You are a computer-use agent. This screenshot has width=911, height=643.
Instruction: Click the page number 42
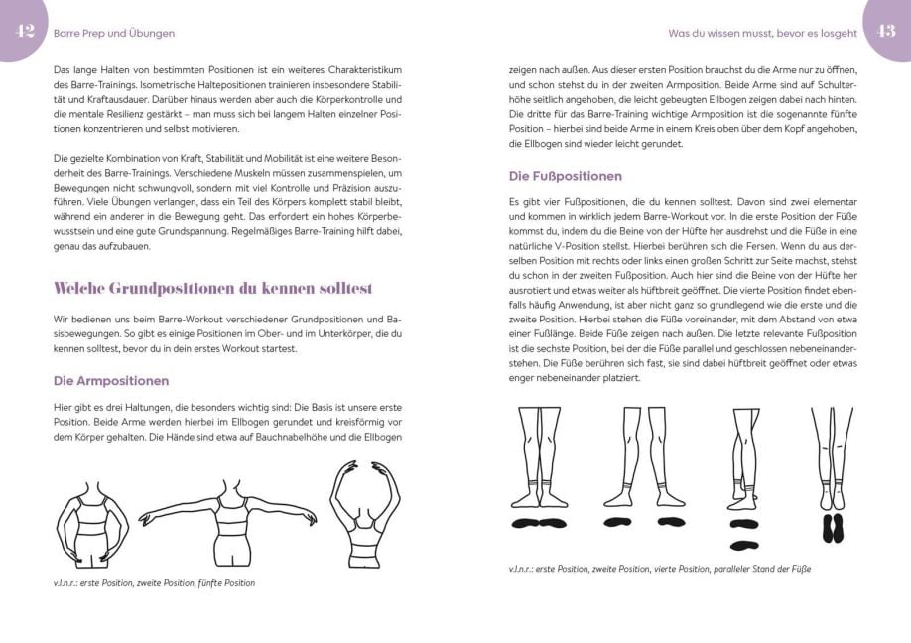25,31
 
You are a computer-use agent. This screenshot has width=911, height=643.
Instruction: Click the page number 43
885,31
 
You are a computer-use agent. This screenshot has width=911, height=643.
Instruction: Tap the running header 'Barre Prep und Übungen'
113,33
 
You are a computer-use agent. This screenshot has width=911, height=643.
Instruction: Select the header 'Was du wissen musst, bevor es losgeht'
762,33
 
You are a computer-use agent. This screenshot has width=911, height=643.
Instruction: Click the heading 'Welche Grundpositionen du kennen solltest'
212,288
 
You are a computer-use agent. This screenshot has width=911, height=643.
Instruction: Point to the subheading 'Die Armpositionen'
110,380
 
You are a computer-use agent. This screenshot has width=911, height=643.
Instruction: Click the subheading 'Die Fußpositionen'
565,176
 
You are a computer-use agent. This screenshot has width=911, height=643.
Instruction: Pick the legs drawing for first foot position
537,456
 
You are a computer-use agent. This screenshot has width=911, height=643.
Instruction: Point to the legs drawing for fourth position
740,456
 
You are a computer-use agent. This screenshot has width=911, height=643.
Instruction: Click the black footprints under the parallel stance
833,528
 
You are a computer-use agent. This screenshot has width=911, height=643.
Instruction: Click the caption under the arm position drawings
154,583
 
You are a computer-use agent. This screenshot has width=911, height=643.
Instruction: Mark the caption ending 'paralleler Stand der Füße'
659,569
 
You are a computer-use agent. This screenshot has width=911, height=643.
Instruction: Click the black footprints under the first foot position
537,522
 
